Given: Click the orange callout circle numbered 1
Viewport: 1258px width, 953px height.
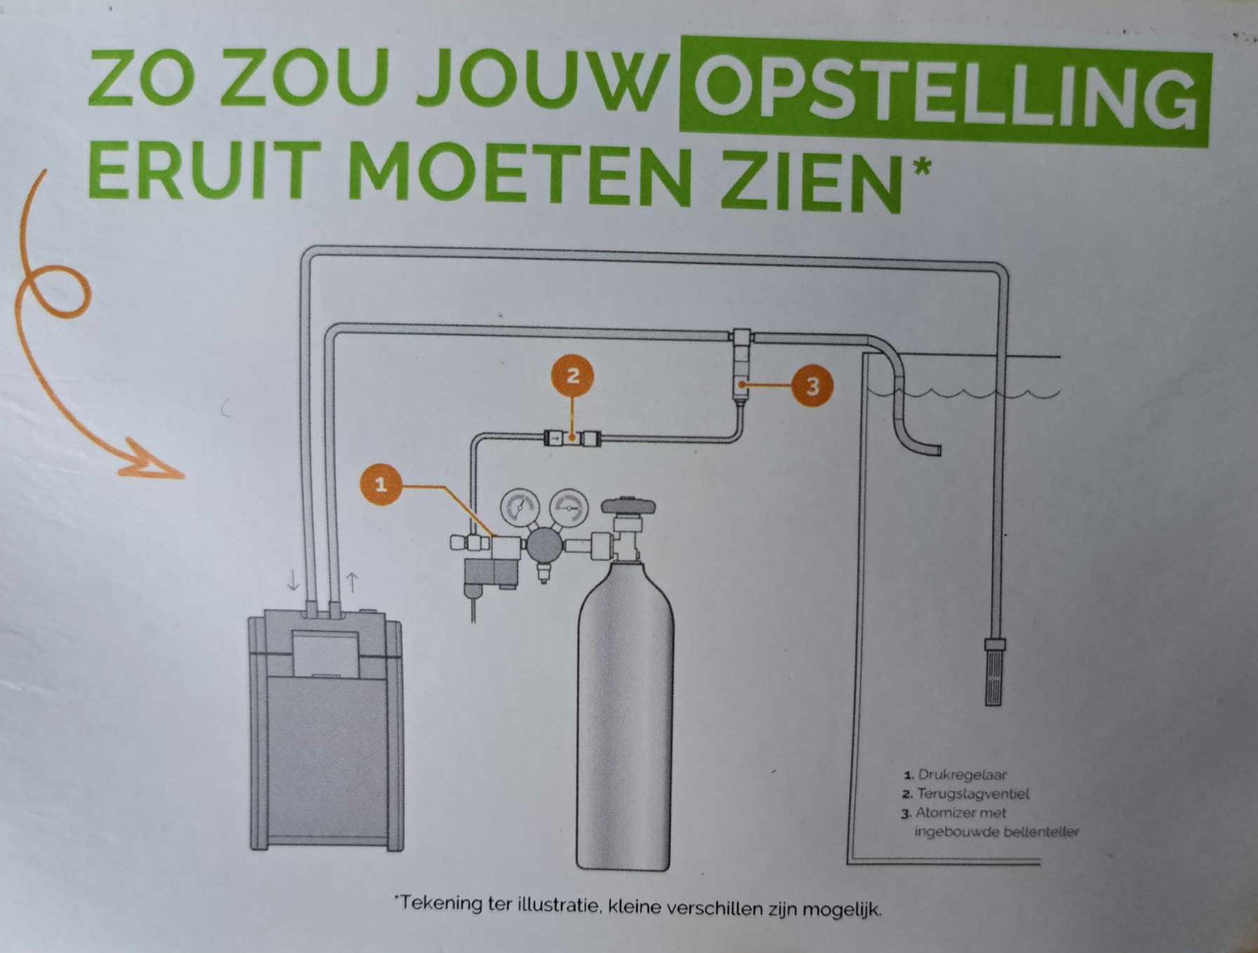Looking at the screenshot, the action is point(381,485).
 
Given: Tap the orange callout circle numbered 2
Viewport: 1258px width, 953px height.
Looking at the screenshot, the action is point(572,375).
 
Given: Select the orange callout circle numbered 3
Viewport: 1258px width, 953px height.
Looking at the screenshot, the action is point(812,386).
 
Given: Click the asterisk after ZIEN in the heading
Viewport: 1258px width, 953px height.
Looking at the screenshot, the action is point(921,168).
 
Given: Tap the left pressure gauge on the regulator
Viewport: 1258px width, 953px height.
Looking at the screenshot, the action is point(520,508).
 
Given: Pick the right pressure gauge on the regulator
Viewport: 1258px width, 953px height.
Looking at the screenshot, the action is point(569,508).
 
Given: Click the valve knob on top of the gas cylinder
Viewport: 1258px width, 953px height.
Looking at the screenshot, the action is point(628,506).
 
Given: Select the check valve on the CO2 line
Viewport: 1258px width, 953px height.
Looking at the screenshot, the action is point(572,439).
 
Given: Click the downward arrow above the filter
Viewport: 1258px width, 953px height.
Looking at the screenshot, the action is point(294,581).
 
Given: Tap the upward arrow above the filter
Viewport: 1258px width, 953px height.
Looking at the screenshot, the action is point(351,582).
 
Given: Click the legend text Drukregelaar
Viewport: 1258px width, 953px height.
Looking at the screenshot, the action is point(962,775).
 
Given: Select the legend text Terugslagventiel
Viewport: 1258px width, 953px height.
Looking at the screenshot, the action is point(973,794).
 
